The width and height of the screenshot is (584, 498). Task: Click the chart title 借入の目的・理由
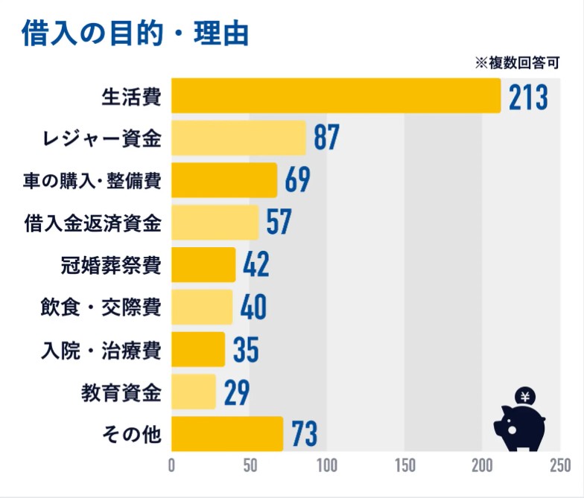pos(135,33)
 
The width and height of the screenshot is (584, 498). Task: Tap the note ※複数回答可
pos(517,63)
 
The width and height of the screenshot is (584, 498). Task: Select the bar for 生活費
pos(336,96)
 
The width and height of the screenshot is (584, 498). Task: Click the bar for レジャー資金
pos(238,138)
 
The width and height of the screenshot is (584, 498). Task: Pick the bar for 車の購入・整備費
pos(224,180)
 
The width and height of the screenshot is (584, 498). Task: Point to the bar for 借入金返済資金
pos(215,222)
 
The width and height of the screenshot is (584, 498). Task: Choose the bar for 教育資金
pos(194,392)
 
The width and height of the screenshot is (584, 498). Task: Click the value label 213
pos(528,97)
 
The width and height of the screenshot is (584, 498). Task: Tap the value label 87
pos(326,138)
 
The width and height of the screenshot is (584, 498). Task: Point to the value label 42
pos(256,265)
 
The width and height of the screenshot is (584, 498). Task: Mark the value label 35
pos(245,350)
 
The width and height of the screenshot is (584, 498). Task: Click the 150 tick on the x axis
pos(404,467)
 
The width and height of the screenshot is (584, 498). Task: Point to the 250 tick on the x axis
pos(559,467)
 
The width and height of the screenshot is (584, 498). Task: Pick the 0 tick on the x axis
pos(172,467)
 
